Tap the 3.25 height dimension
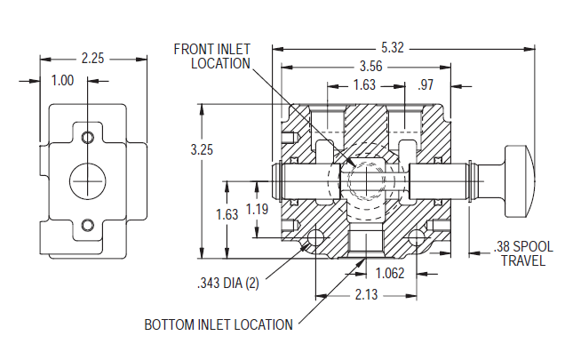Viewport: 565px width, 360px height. (x=202, y=150)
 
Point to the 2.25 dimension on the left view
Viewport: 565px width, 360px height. (x=92, y=59)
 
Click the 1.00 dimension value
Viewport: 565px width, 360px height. (x=62, y=80)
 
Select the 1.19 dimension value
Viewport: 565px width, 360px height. (x=257, y=210)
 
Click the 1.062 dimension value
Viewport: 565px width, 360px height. (x=391, y=273)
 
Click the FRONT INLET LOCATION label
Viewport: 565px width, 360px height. (x=211, y=56)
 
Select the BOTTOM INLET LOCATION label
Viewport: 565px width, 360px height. (x=219, y=324)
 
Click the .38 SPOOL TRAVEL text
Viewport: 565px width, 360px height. (x=522, y=253)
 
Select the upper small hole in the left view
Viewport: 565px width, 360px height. (x=87, y=138)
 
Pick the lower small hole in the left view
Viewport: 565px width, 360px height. (x=87, y=225)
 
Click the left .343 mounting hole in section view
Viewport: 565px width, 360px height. (x=316, y=238)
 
